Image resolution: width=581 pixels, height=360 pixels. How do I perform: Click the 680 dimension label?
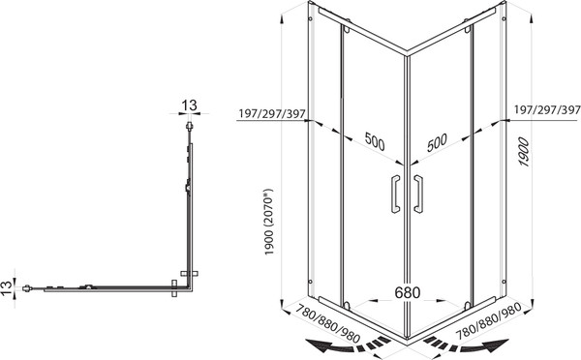pos(408,292)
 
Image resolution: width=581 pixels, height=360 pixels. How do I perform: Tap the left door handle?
pos(395,194)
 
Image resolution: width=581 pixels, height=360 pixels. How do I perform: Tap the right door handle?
pos(418,194)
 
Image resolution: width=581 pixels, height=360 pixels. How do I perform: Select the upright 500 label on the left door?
pos(375,141)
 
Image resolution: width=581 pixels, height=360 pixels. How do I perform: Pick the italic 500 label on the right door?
pos(437,142)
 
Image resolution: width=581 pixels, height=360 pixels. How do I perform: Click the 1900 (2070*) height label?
pos(268,222)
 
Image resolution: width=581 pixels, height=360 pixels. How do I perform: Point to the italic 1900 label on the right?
pos(523,152)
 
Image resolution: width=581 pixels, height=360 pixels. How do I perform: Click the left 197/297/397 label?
pos(271,113)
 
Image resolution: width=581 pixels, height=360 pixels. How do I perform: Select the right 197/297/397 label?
pos(547,110)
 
